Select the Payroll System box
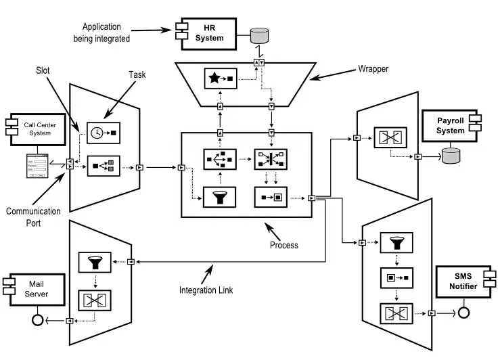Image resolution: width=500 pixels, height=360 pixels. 450,126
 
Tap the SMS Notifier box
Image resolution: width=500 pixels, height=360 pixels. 463,282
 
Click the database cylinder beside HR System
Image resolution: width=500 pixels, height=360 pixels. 259,36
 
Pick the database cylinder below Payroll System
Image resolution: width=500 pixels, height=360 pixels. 450,157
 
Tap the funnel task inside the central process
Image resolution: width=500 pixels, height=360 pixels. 219,198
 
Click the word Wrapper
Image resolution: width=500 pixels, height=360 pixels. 374,69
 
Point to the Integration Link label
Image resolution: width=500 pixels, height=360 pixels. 206,290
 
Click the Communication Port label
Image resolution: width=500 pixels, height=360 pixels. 33,217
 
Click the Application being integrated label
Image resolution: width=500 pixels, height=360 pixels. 101,32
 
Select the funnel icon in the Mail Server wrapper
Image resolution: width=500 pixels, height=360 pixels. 94,262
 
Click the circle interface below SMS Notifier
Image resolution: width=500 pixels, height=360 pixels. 463,313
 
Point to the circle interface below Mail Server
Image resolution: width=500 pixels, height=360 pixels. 37,320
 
